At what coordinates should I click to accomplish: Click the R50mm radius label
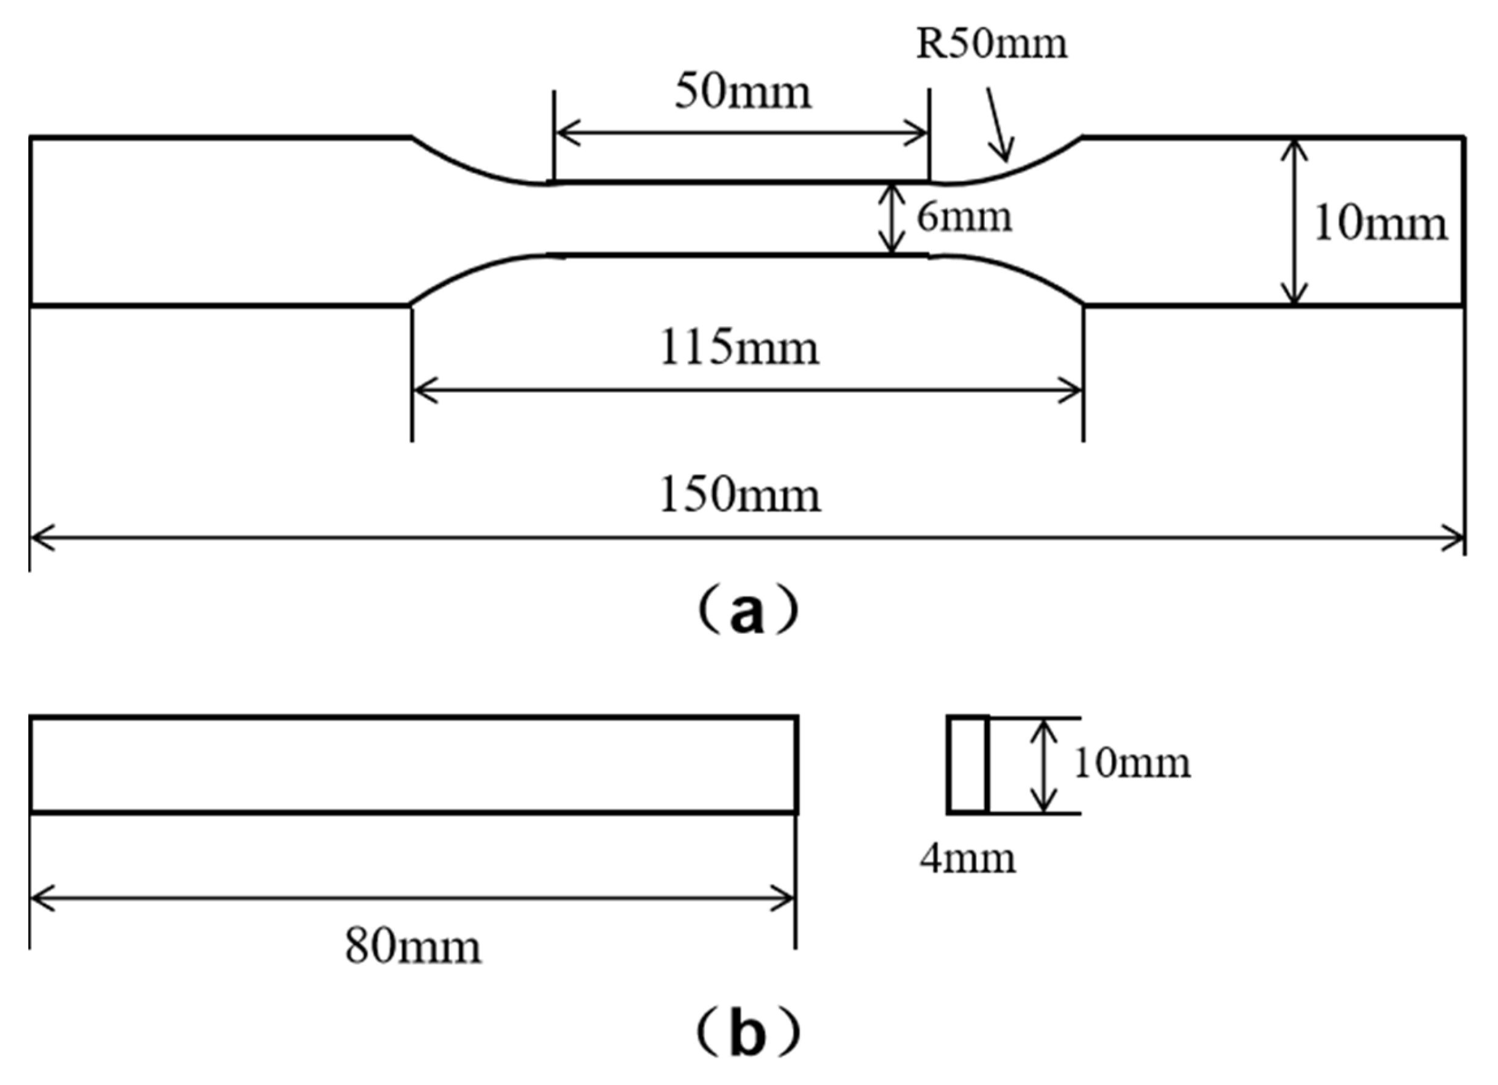(x=992, y=45)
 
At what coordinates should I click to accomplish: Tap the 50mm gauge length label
(x=743, y=93)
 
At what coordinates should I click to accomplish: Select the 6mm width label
(x=963, y=217)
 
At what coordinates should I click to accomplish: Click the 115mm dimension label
(x=739, y=349)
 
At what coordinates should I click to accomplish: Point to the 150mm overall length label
(x=740, y=496)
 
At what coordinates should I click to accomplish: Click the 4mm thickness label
(x=968, y=859)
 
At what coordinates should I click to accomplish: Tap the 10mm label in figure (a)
(x=1380, y=224)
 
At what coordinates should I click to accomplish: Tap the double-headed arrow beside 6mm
(x=893, y=218)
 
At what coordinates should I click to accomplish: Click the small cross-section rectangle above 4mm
(x=968, y=765)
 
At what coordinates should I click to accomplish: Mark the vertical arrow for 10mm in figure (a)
(x=1295, y=222)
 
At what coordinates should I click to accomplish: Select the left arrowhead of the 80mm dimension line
(x=40, y=899)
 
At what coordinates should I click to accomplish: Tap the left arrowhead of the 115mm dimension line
(x=423, y=390)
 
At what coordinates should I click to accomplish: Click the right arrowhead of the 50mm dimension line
(x=919, y=133)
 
